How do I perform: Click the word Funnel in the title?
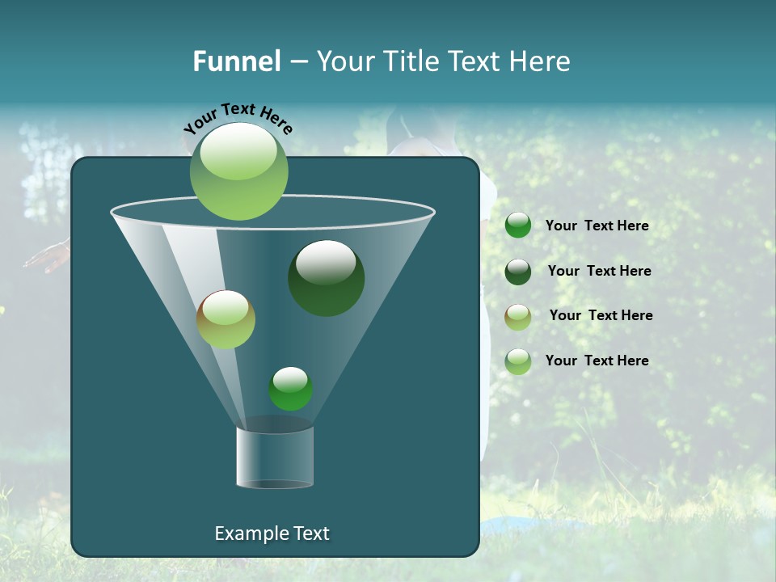pyautogui.click(x=236, y=61)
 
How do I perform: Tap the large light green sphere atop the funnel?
pyautogui.click(x=239, y=171)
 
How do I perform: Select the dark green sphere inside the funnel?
pyautogui.click(x=327, y=278)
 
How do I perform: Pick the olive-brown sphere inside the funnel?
pyautogui.click(x=226, y=319)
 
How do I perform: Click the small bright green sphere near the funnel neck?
pyautogui.click(x=291, y=389)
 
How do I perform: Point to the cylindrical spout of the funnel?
pyautogui.click(x=275, y=457)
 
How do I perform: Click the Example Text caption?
pyautogui.click(x=272, y=533)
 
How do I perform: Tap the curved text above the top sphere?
pyautogui.click(x=238, y=118)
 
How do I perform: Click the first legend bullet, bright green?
pyautogui.click(x=518, y=226)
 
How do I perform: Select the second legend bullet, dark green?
pyautogui.click(x=518, y=272)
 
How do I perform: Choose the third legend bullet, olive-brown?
pyautogui.click(x=518, y=316)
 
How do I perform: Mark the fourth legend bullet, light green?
pyautogui.click(x=518, y=361)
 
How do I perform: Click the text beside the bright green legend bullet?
pyautogui.click(x=597, y=226)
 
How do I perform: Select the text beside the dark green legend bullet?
pyautogui.click(x=599, y=272)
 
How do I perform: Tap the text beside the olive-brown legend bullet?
pyautogui.click(x=601, y=316)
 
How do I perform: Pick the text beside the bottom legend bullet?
pyautogui.click(x=597, y=361)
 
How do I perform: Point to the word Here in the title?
pyautogui.click(x=542, y=61)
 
